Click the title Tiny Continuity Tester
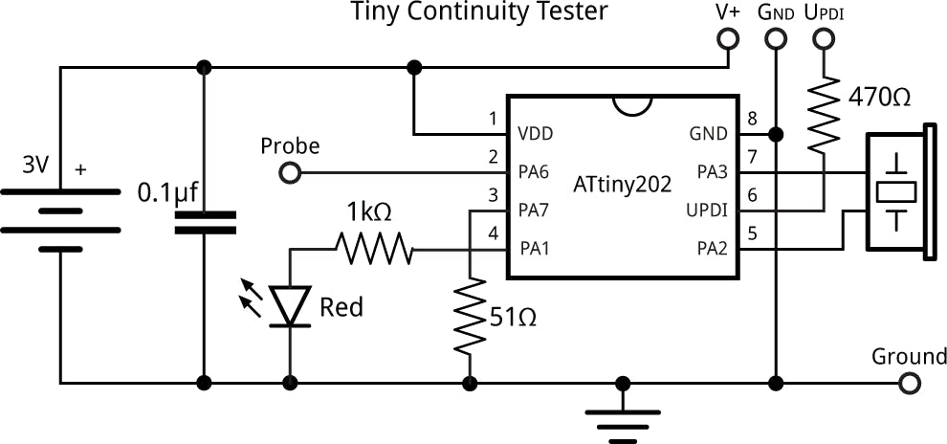coord(479,12)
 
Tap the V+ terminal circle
coord(728,39)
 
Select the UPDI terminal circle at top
coord(824,39)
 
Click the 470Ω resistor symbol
coord(824,113)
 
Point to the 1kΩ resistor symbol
coord(374,250)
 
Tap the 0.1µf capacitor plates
coord(204,223)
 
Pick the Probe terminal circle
coord(289,173)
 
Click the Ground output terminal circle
coord(910,384)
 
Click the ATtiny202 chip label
coord(622,182)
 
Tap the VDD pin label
coord(536,134)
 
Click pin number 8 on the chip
coord(752,120)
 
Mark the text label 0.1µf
coord(167,192)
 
